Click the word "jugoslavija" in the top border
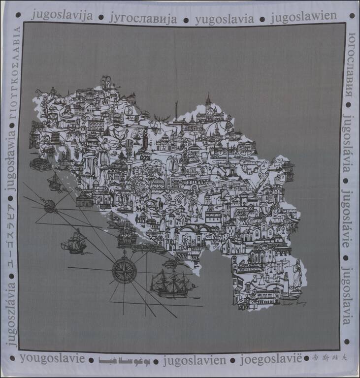point(63,15)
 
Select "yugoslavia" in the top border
point(225,19)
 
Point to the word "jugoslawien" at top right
point(304,16)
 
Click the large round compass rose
point(124,270)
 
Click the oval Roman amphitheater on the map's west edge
point(40,164)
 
